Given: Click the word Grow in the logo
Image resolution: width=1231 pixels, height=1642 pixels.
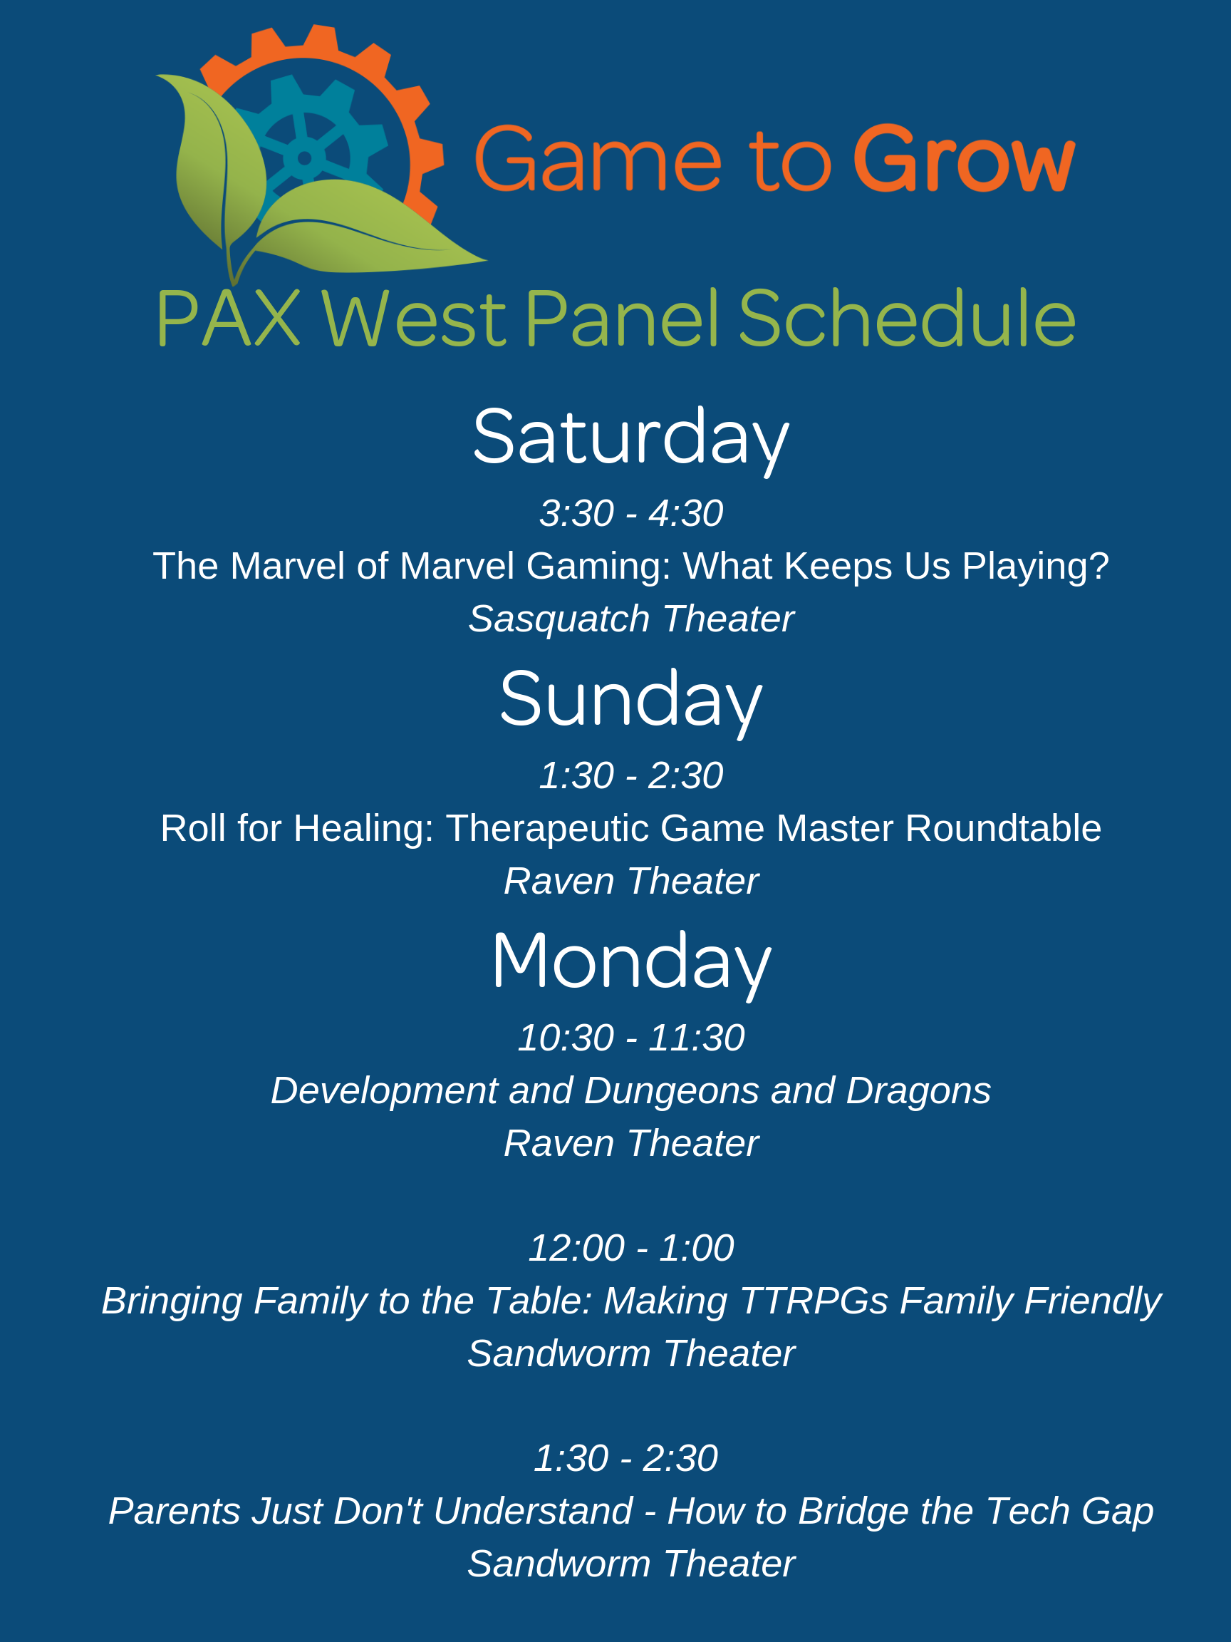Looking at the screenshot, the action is point(965,158).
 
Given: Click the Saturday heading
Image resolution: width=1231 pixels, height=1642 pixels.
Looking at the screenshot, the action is point(630,438).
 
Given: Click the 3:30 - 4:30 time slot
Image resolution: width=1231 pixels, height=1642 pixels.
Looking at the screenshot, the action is point(630,514).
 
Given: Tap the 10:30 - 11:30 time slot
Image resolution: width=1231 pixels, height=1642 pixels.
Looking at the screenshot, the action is point(630,1038).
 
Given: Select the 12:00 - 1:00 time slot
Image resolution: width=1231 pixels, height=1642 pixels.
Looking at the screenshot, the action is point(630,1248).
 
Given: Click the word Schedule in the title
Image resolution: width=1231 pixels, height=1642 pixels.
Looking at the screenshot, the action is point(907,319).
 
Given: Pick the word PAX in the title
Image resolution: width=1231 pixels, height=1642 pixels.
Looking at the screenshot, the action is point(229,319).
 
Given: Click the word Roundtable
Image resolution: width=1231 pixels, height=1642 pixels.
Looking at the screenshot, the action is point(1002,828).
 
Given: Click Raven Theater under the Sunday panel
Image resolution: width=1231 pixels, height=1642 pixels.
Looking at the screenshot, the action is point(630,882).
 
